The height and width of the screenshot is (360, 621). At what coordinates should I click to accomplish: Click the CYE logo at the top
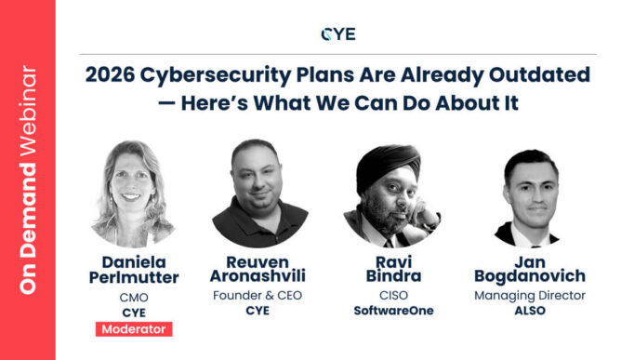tap(337, 33)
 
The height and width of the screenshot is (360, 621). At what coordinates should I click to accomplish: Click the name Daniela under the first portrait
tap(132, 261)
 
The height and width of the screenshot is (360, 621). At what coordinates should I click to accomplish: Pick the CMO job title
tap(132, 297)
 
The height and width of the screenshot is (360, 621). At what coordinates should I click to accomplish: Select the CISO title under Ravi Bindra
tap(384, 296)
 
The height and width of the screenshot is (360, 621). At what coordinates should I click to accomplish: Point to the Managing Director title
tap(530, 296)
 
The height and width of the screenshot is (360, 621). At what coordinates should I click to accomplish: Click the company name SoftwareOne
tap(384, 312)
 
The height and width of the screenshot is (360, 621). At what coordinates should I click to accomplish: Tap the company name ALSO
tap(530, 311)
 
